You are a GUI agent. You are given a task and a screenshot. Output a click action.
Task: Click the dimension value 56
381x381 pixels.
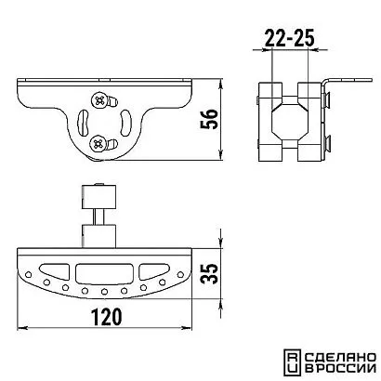pos(209,119)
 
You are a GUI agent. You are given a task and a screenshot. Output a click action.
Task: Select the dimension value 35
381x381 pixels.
pos(209,273)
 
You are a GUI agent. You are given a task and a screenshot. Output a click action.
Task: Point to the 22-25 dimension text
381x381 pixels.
pos(290,38)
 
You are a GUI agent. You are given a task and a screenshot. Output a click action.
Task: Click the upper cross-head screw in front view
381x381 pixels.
pos(99,100)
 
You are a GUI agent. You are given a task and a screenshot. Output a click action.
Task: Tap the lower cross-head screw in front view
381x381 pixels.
pos(99,143)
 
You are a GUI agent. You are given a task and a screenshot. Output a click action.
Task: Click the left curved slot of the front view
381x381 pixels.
pos(83,123)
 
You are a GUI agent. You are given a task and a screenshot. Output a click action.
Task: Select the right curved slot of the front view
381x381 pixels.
pos(125,123)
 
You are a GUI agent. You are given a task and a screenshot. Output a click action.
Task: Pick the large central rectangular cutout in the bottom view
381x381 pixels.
pos(104,273)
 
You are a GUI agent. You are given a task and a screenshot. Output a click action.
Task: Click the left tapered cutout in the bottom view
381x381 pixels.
pos(55,270)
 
